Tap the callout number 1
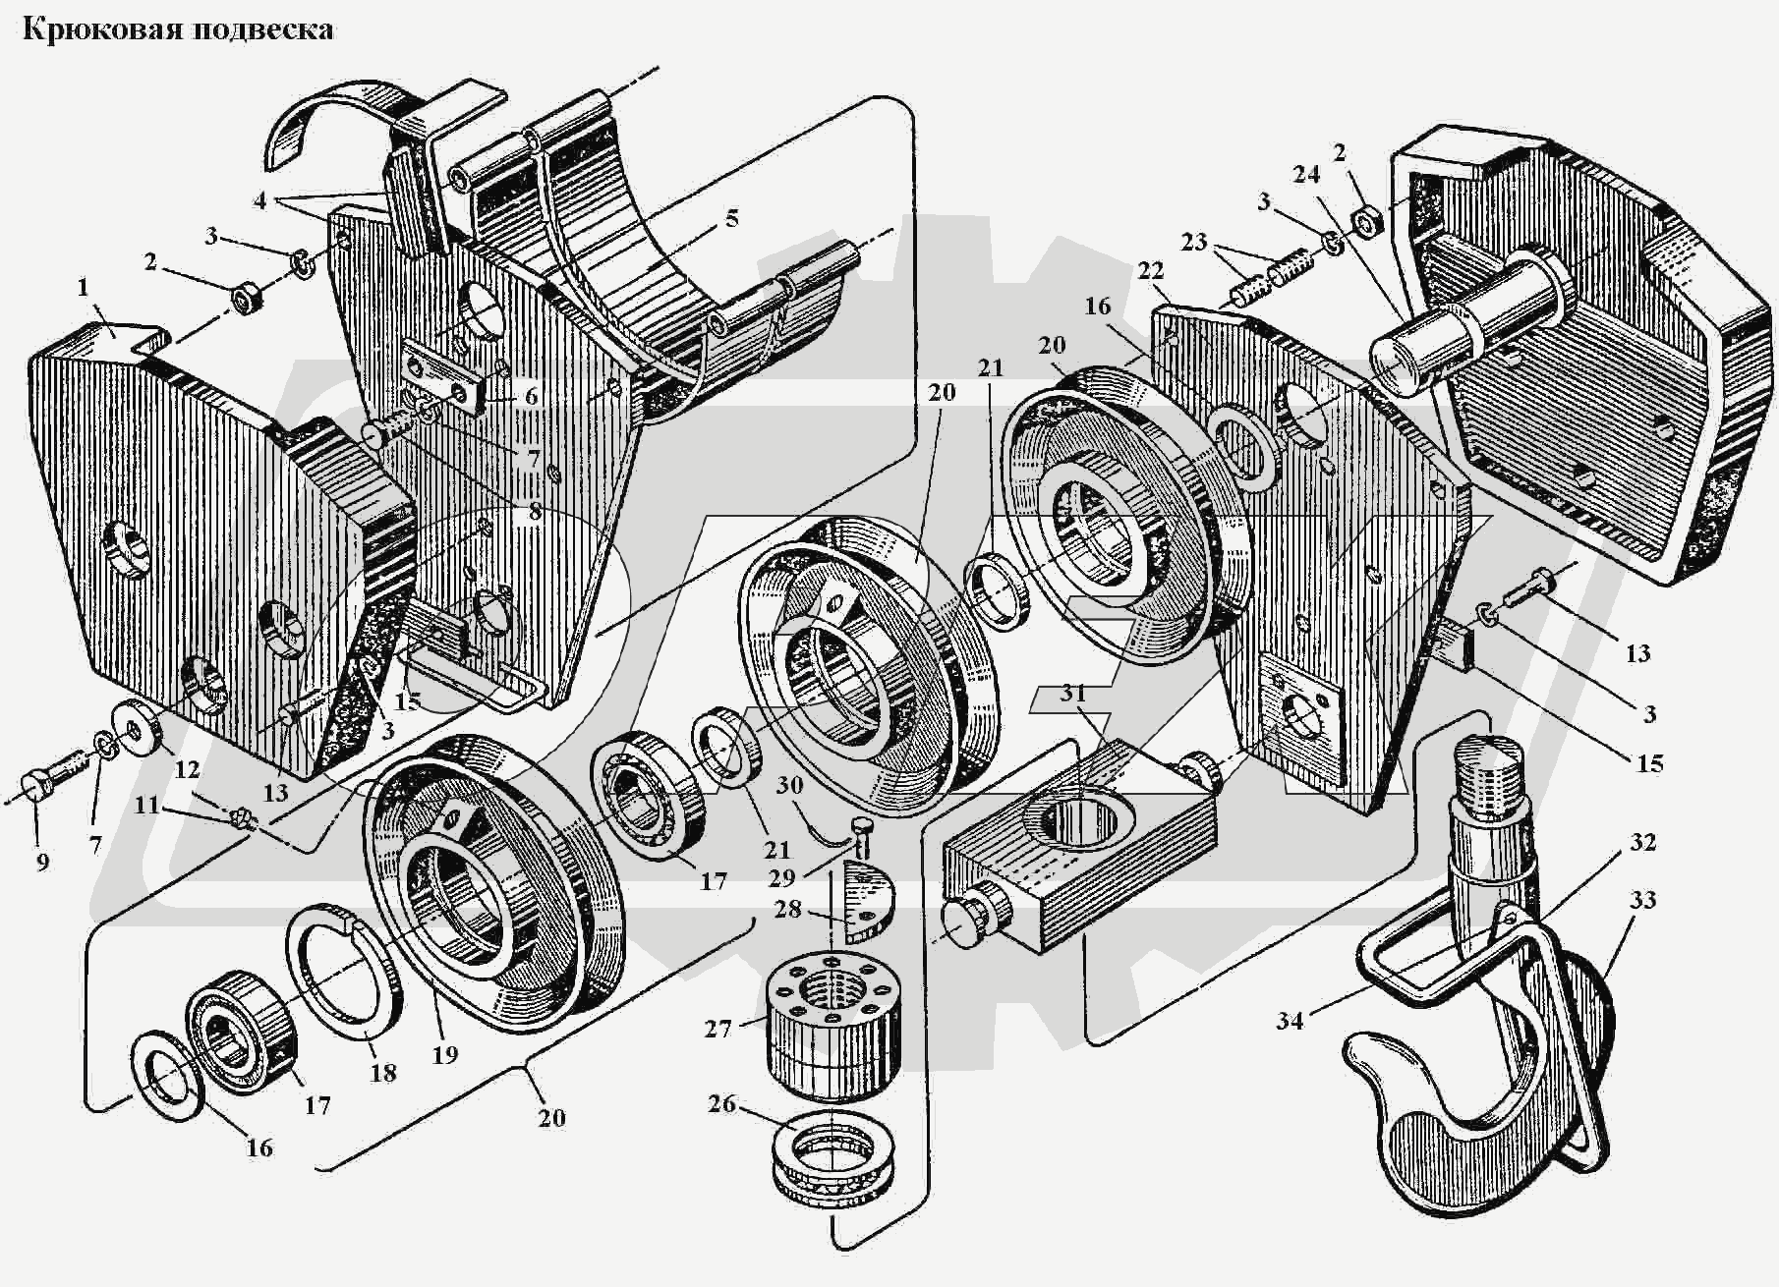pos(84,288)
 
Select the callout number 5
pos(731,218)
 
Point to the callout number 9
pos(41,862)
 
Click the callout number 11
pos(146,806)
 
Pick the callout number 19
pos(445,1055)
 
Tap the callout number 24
pos(1305,174)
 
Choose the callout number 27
pos(718,1029)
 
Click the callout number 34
pos(1290,1021)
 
